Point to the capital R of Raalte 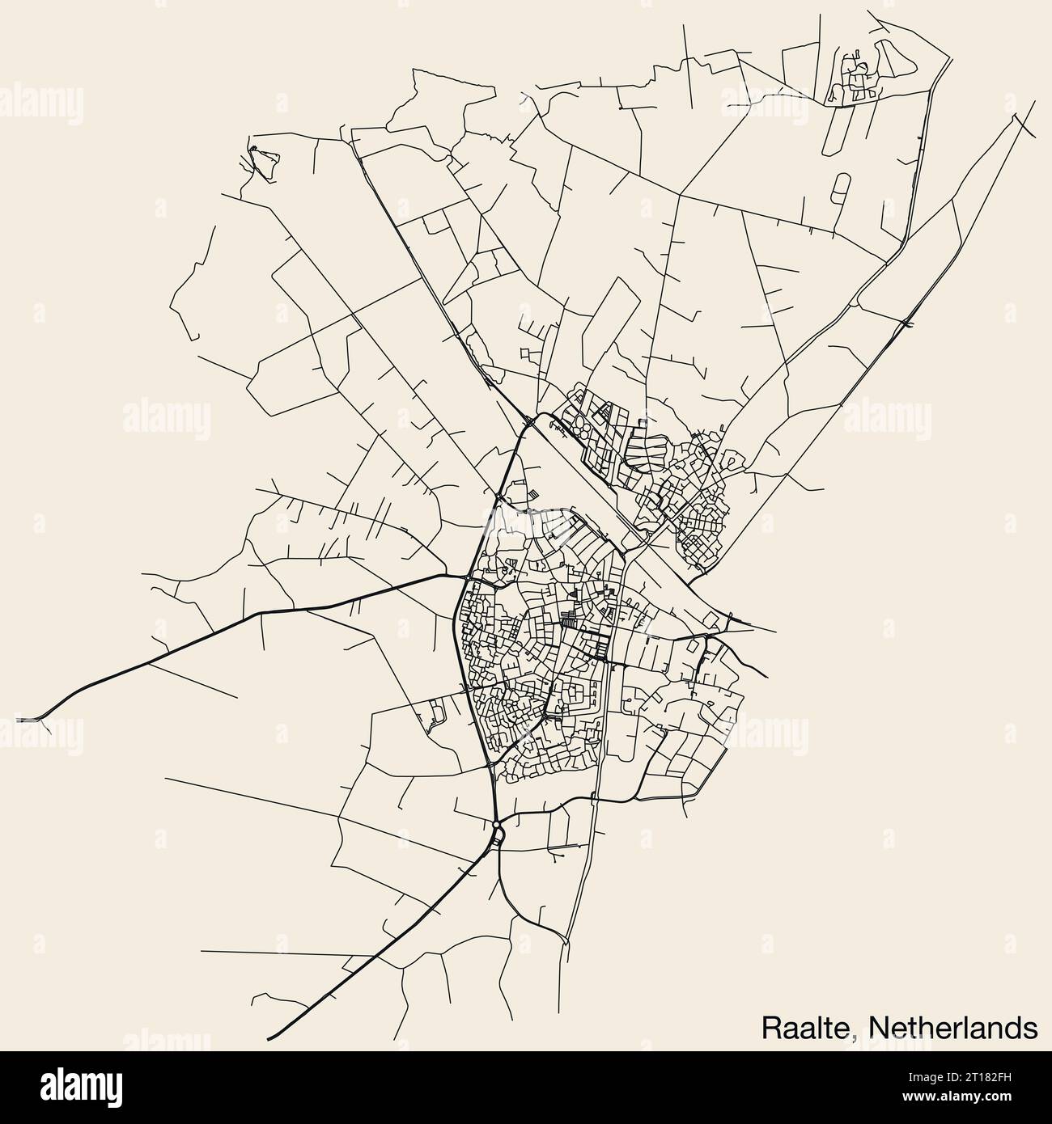(770, 1028)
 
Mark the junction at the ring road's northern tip (528, 420)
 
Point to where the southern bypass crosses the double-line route (597, 799)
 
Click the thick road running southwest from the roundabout (388, 930)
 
